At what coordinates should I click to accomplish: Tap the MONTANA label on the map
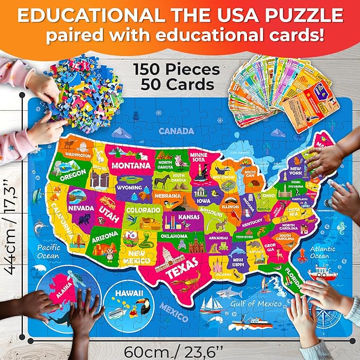click(130, 165)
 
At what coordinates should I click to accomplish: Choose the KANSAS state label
click(189, 216)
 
